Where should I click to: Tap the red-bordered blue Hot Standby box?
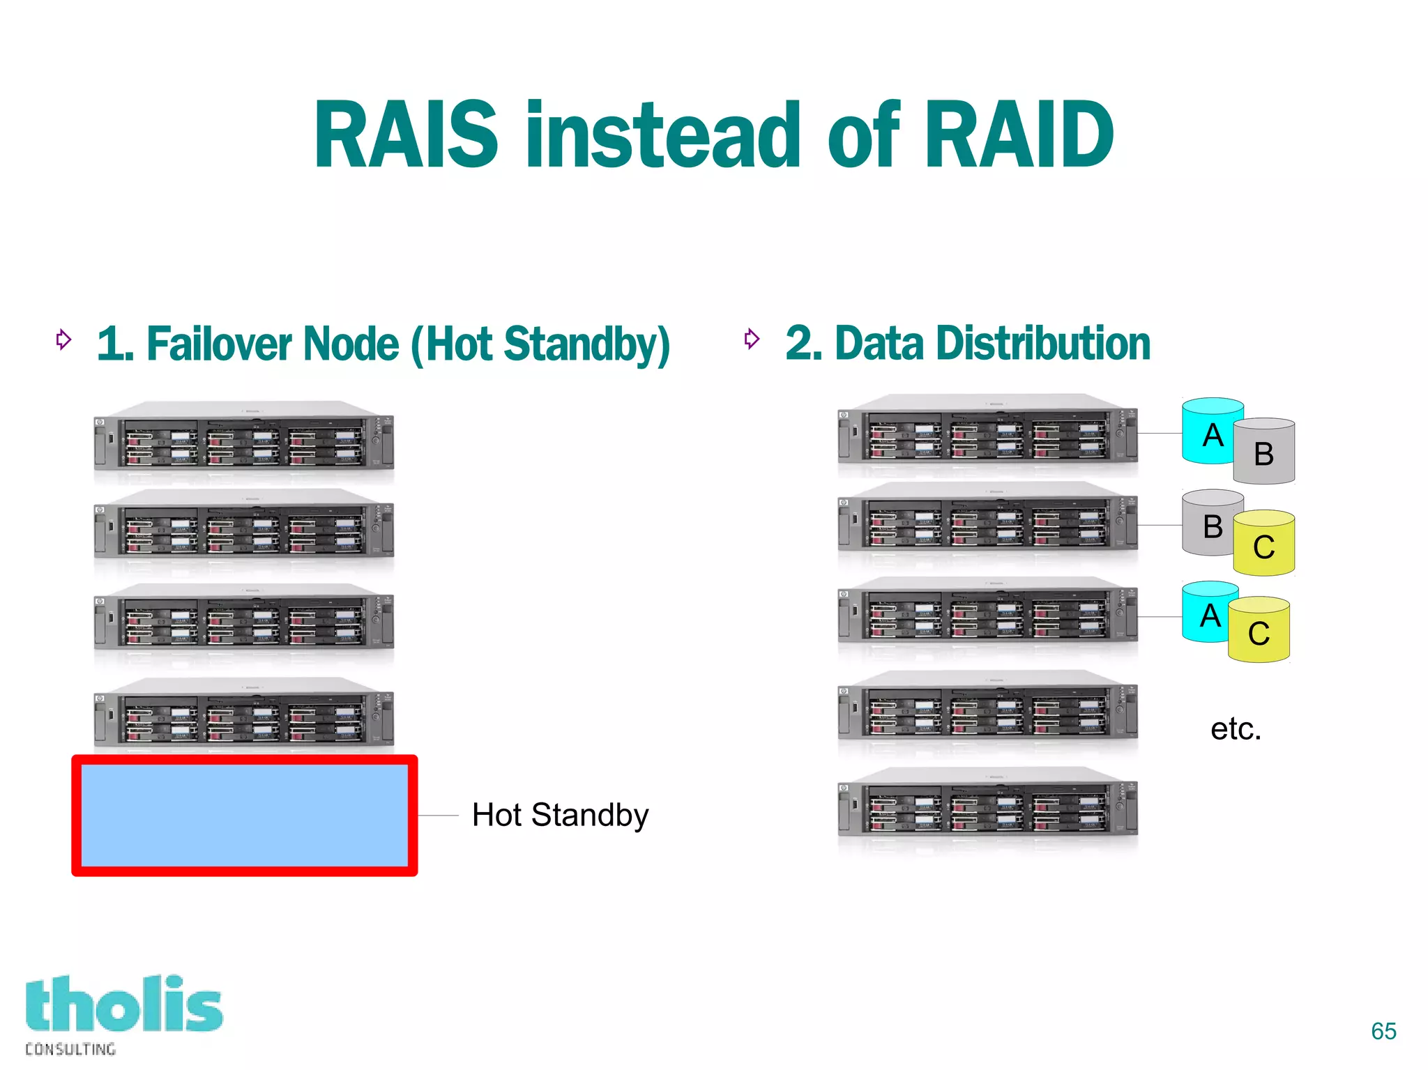(x=244, y=815)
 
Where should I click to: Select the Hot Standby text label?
(x=560, y=815)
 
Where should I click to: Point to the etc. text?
(x=1236, y=729)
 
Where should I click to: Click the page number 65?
(x=1383, y=1031)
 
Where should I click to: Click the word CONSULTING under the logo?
(x=70, y=1049)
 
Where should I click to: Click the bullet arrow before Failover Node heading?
(x=63, y=339)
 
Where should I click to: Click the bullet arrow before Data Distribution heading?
(x=751, y=339)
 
